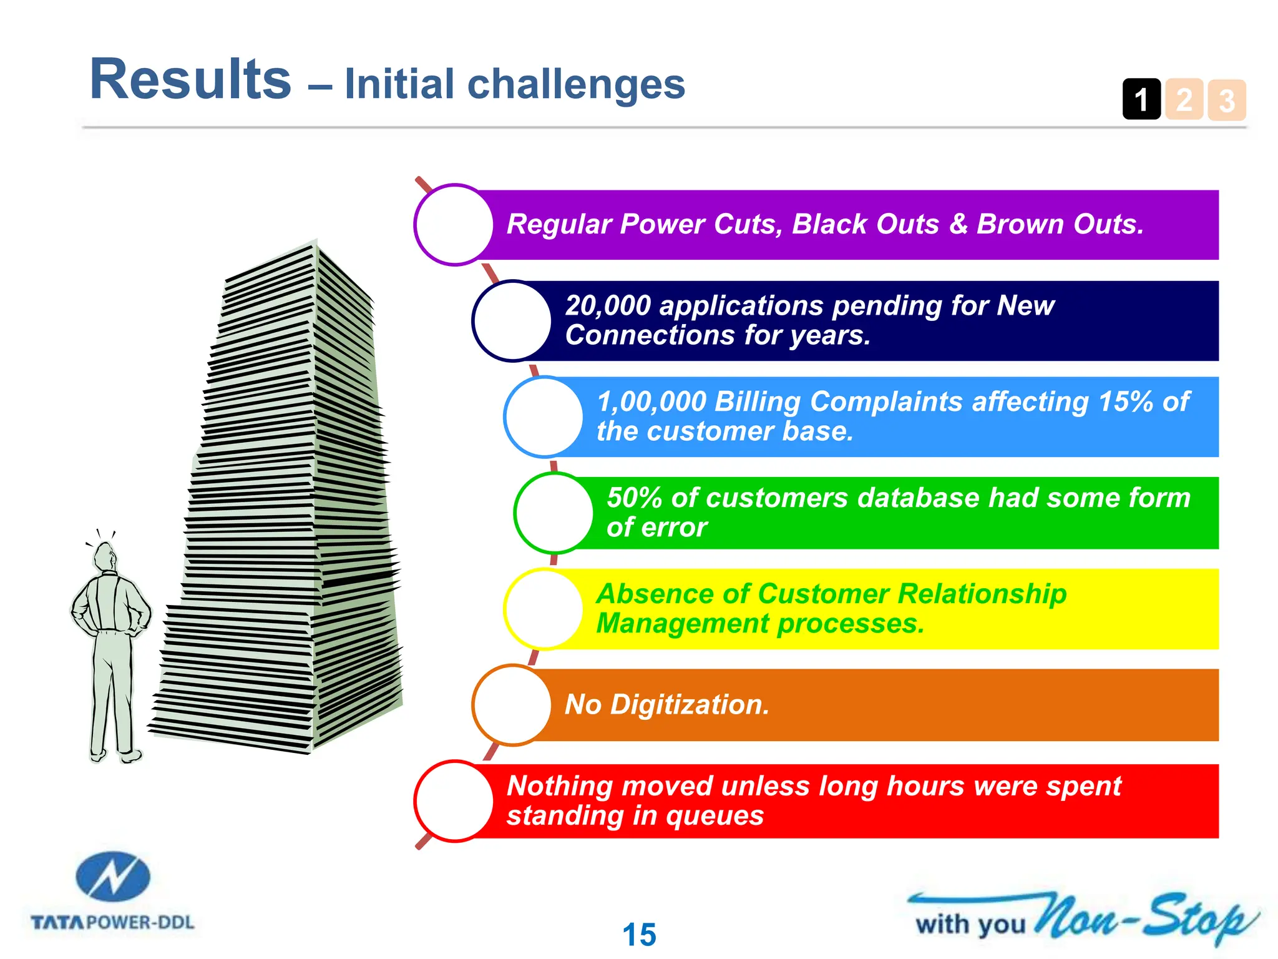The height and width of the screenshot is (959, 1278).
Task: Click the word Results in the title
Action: (190, 79)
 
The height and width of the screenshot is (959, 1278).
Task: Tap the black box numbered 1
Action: (1141, 99)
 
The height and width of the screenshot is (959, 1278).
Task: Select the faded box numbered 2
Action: (1184, 99)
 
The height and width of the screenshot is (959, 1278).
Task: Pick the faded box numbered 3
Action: (1227, 100)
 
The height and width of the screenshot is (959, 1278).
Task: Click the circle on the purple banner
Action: (454, 225)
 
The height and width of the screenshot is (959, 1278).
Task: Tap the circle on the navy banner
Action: (512, 321)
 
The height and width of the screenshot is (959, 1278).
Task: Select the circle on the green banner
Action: (554, 513)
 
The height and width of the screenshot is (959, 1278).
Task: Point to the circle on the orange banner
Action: (512, 705)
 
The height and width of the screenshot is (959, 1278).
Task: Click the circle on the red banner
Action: (454, 801)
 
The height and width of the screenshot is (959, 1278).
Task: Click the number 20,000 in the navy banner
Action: (608, 306)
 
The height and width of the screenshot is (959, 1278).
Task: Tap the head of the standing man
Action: (105, 556)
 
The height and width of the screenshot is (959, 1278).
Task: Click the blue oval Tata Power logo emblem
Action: (113, 877)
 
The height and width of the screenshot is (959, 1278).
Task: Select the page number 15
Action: (639, 935)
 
